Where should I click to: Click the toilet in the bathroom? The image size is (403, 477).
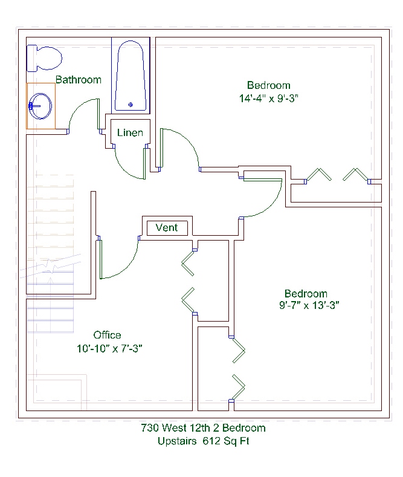pyautogui.click(x=44, y=58)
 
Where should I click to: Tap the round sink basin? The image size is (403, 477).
pyautogui.click(x=40, y=106)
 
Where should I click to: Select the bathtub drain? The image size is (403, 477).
pyautogui.click(x=131, y=105)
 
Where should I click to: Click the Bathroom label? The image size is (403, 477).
pyautogui.click(x=78, y=80)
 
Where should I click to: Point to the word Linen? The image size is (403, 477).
pyautogui.click(x=130, y=132)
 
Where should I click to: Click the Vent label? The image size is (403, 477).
pyautogui.click(x=167, y=227)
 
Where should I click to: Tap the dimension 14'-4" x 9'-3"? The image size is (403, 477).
pyautogui.click(x=269, y=99)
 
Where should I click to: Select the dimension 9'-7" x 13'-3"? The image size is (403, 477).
pyautogui.click(x=309, y=305)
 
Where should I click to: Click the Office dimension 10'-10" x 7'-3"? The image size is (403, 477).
pyautogui.click(x=109, y=348)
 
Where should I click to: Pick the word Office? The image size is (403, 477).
pyautogui.click(x=107, y=335)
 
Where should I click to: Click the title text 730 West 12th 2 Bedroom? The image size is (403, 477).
pyautogui.click(x=203, y=427)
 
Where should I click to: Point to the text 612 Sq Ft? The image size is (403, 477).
pyautogui.click(x=226, y=441)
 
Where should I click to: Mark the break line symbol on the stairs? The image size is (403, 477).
pyautogui.click(x=51, y=266)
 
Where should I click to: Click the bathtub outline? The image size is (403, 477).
pyautogui.click(x=131, y=76)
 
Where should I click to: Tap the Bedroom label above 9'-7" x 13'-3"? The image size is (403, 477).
pyautogui.click(x=306, y=294)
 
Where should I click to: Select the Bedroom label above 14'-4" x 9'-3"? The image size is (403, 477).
pyautogui.click(x=269, y=85)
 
